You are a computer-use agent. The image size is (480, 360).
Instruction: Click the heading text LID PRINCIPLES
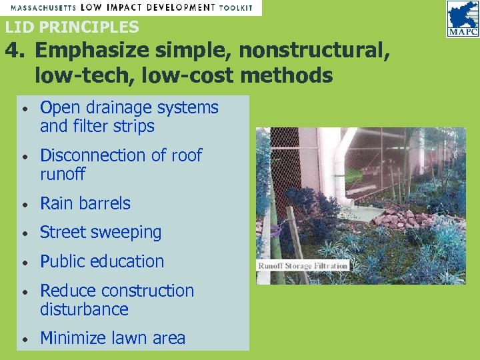[x=72, y=27]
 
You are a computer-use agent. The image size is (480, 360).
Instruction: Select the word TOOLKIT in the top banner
[x=236, y=7]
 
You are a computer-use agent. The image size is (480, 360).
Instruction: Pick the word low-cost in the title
[x=189, y=75]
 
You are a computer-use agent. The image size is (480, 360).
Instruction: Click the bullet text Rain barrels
[x=85, y=203]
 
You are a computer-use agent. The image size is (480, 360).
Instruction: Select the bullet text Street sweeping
[x=101, y=233]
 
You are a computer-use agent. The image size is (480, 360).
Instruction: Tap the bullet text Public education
[x=102, y=261]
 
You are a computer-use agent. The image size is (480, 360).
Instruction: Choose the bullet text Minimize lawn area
[x=113, y=338]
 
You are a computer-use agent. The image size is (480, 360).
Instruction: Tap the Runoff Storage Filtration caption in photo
[x=303, y=265]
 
